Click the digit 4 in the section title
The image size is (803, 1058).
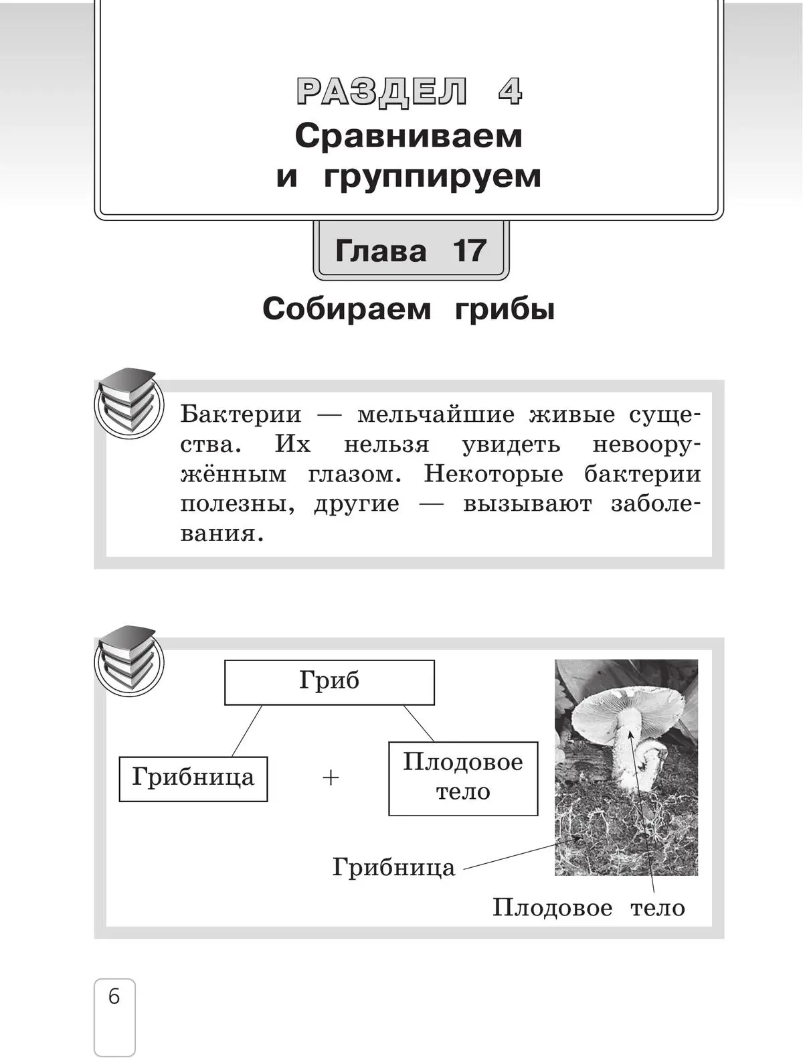click(x=510, y=92)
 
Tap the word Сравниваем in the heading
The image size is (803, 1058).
click(x=408, y=137)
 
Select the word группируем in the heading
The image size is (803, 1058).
click(x=432, y=178)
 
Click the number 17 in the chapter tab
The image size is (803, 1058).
click(x=468, y=250)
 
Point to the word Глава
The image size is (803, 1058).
click(x=381, y=250)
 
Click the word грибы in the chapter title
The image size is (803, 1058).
click(x=505, y=310)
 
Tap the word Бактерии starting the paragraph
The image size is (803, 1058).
click(x=241, y=414)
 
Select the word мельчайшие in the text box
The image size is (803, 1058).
click(x=436, y=414)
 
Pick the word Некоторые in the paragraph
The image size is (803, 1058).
click(x=493, y=474)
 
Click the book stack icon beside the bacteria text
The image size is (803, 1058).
click(x=128, y=403)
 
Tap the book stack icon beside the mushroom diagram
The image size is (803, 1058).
click(x=128, y=661)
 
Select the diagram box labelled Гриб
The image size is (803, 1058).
click(x=329, y=682)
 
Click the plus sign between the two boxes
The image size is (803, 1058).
click(x=331, y=778)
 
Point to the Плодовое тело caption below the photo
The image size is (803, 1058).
click(x=589, y=909)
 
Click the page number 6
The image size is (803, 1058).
click(x=114, y=997)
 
